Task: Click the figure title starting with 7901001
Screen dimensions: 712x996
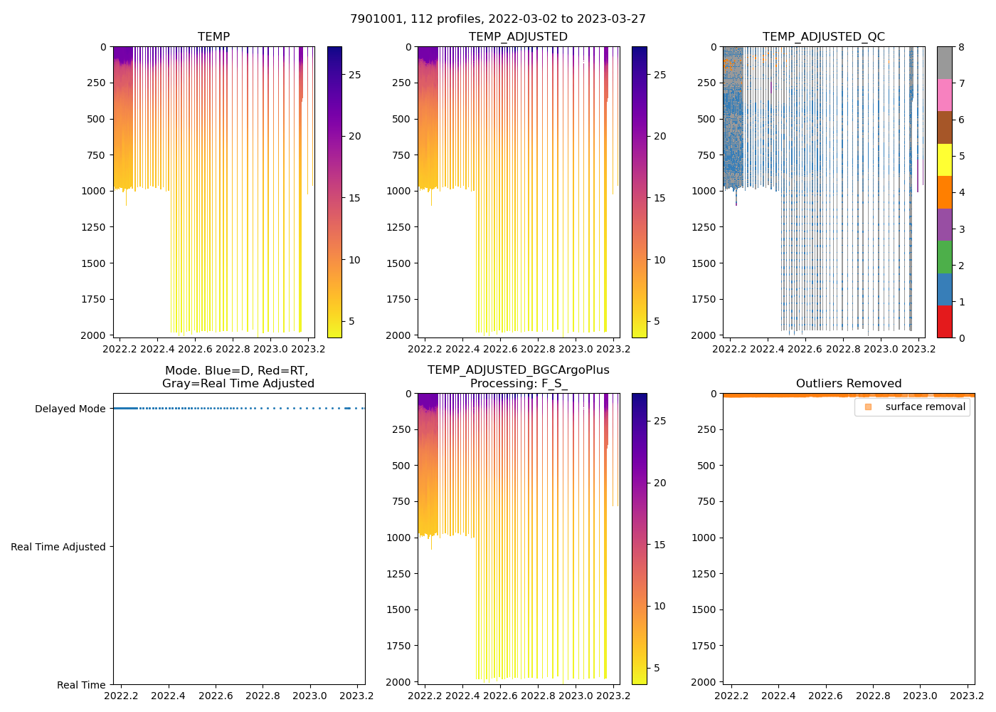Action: pyautogui.click(x=497, y=19)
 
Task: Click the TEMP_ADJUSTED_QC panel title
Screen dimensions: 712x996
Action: pyautogui.click(x=823, y=37)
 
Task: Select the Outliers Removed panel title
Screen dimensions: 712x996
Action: pyautogui.click(x=848, y=384)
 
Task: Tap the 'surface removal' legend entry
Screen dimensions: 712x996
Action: pyautogui.click(x=925, y=407)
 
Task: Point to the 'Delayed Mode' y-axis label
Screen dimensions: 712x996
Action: pyautogui.click(x=70, y=409)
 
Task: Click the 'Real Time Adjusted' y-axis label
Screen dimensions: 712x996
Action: pyautogui.click(x=58, y=547)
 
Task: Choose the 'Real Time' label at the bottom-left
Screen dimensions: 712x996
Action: pyautogui.click(x=81, y=685)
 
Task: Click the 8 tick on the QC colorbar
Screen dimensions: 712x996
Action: pyautogui.click(x=961, y=47)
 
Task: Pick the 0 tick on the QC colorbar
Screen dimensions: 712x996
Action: pyautogui.click(x=961, y=337)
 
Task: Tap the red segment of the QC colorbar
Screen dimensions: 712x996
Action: pyautogui.click(x=944, y=322)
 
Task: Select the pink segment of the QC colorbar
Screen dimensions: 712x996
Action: pyautogui.click(x=944, y=95)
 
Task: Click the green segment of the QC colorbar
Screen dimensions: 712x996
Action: pyautogui.click(x=944, y=257)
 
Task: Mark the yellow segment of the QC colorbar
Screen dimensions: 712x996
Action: pyautogui.click(x=944, y=159)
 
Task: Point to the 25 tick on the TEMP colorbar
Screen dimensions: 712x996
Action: pyautogui.click(x=354, y=75)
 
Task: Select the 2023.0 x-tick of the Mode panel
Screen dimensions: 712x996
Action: pyautogui.click(x=309, y=696)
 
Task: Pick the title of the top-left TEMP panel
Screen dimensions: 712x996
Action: pyautogui.click(x=213, y=37)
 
